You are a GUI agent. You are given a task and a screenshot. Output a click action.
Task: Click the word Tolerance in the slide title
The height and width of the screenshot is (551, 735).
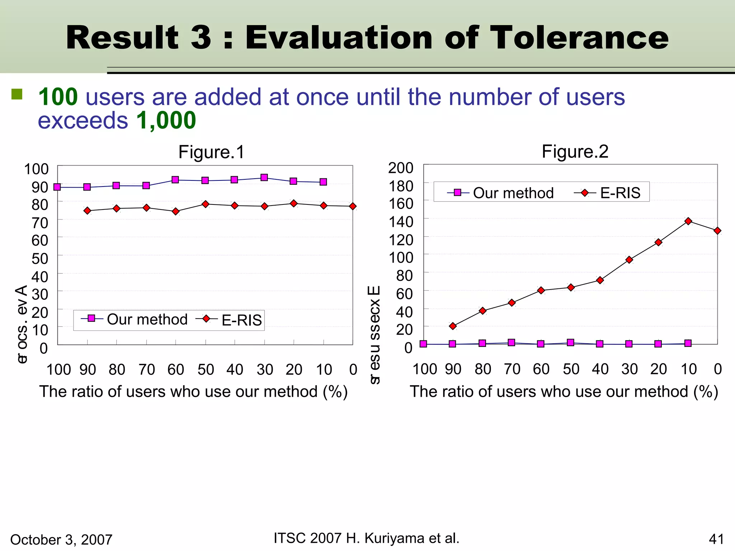pos(579,38)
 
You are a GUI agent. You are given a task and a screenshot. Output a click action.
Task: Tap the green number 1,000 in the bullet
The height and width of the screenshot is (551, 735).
pos(166,120)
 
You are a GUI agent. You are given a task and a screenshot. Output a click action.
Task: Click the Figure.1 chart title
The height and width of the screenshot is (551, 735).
pos(211,152)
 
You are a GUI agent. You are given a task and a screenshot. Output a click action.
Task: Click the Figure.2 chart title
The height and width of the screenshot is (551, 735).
pos(575,151)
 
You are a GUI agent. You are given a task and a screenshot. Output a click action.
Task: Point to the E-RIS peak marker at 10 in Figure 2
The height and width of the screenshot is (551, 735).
pos(688,221)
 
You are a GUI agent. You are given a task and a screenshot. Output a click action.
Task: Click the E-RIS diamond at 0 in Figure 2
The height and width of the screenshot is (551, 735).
pos(717,231)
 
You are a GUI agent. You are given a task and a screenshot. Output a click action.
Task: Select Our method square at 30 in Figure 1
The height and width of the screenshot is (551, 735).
pos(264,178)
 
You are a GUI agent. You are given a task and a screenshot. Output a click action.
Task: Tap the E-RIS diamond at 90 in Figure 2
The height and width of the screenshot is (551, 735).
pos(453,326)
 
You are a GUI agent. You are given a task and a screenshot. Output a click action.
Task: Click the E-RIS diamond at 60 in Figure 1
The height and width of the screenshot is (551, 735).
pos(175,211)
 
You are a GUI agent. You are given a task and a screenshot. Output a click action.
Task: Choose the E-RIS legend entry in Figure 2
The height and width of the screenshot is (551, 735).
pos(608,193)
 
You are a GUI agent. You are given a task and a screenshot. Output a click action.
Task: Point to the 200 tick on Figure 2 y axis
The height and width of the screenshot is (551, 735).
pos(401,168)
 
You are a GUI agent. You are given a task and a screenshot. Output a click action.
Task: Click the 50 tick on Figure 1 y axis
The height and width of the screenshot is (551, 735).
pos(40,258)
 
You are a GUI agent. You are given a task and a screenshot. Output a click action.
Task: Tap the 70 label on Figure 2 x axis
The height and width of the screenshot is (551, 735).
pos(512,369)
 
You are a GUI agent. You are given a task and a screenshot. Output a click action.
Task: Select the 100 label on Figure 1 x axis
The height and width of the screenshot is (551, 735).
pos(58,369)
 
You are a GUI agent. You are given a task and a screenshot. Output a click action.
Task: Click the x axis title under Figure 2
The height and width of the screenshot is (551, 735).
pos(564,391)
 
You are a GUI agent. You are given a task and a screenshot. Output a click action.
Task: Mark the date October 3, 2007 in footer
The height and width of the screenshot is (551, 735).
pos(61,540)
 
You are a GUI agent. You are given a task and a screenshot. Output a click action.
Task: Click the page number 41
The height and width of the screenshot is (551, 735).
pos(716,539)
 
